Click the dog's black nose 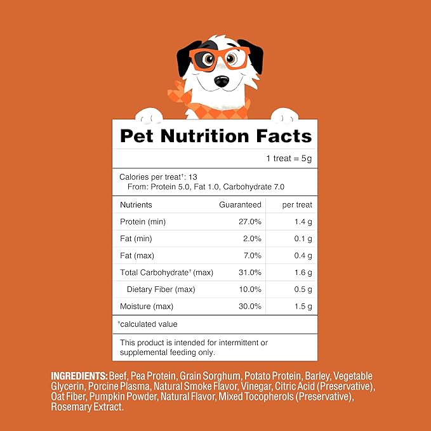point(221,81)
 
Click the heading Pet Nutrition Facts point(216,136)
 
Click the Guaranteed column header point(240,205)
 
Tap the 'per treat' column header point(297,205)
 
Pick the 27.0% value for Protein point(249,222)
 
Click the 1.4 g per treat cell point(302,222)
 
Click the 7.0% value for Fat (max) point(251,256)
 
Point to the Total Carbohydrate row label point(166,273)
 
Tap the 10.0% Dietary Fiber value point(249,290)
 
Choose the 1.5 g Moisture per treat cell point(302,307)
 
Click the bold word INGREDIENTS point(79,376)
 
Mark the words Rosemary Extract point(87,407)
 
